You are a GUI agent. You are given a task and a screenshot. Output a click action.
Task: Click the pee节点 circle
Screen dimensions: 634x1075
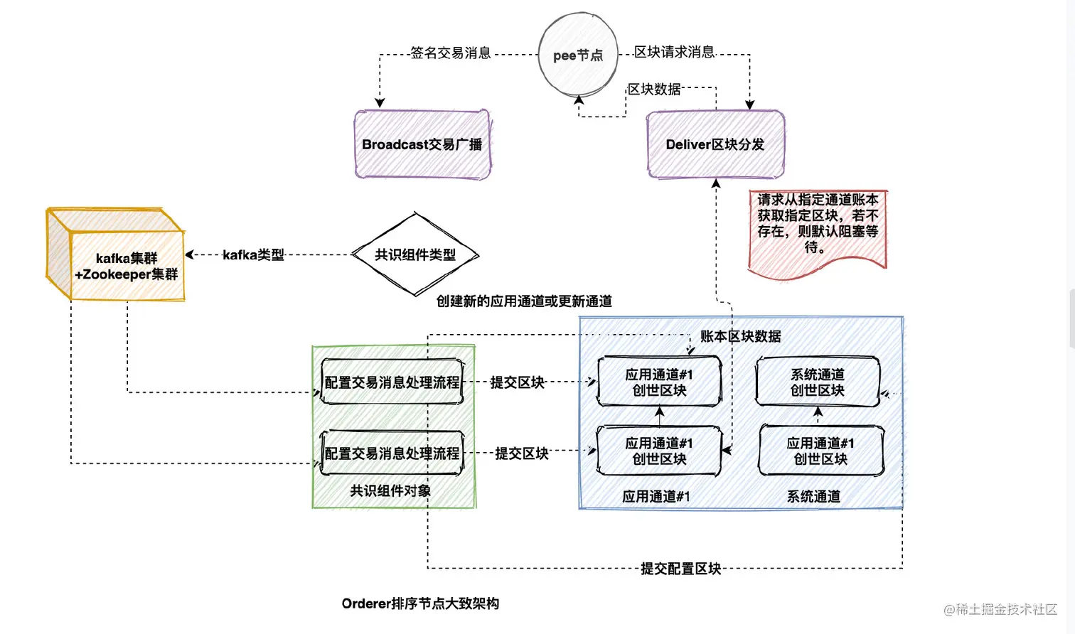coord(577,55)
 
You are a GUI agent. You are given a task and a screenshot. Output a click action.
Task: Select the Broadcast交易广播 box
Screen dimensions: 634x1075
coord(422,144)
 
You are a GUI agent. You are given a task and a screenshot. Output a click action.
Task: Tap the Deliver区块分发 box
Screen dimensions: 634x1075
coord(715,144)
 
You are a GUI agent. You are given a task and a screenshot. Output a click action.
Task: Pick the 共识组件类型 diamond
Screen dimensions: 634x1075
coord(415,254)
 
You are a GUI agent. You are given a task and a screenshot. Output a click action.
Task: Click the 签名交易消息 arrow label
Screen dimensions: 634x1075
coord(450,53)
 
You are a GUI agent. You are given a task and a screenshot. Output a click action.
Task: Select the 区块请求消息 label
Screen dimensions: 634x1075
coord(674,52)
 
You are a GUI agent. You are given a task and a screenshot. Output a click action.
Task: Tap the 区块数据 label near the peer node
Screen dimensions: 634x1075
coord(653,90)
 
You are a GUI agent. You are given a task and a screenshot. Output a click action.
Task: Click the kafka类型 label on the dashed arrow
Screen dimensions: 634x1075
coord(253,254)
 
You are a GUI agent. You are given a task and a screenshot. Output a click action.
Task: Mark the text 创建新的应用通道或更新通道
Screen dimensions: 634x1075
coord(524,301)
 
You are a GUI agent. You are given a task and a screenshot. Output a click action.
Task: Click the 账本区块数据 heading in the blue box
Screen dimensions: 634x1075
coord(740,336)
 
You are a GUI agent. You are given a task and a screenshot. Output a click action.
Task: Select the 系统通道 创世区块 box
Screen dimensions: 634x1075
coord(818,382)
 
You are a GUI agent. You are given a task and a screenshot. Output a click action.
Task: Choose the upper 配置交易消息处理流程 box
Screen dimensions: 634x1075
coord(392,382)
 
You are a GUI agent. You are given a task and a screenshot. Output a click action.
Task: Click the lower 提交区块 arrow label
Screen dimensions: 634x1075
coord(521,453)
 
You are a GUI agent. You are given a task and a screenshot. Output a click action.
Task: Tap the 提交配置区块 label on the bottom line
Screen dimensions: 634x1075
coord(680,569)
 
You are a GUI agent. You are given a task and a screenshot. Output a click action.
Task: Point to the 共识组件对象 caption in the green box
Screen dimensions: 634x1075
coord(390,490)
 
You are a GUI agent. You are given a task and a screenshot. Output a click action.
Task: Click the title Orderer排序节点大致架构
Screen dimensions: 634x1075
coord(420,603)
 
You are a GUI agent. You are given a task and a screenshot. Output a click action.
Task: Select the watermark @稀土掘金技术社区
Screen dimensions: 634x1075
coord(1000,609)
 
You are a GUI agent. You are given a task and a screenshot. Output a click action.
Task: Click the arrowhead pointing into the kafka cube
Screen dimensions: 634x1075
coord(190,254)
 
